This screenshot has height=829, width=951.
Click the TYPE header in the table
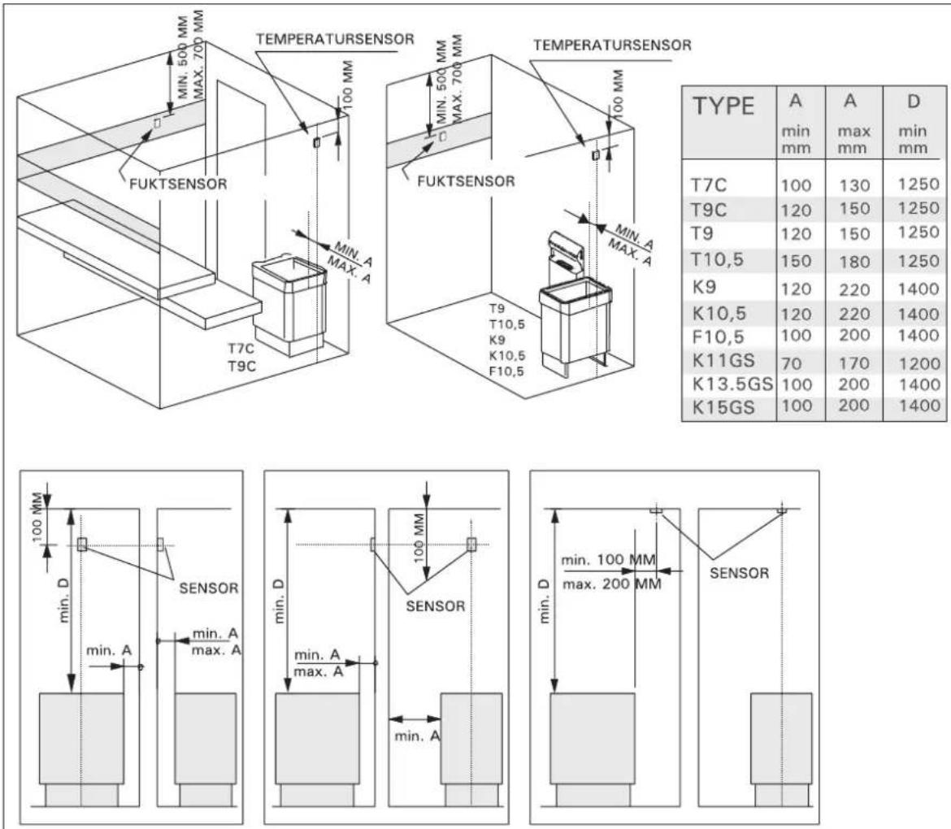[x=723, y=106]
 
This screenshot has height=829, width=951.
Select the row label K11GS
[x=723, y=361]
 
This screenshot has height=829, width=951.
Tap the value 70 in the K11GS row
[x=792, y=364]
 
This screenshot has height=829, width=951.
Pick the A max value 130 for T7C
[x=854, y=185]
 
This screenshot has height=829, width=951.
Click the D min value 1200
[x=919, y=364]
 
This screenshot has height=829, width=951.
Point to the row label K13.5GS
[x=732, y=384]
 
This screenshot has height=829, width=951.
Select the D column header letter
[x=914, y=102]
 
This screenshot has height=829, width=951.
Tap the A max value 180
[x=854, y=262]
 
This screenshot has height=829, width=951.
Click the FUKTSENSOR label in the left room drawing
[x=178, y=184]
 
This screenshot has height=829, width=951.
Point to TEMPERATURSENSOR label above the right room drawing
[x=612, y=45]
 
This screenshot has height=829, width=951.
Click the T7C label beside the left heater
[x=241, y=348]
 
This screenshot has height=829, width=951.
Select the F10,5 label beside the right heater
[x=506, y=371]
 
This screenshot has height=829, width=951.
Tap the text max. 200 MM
[x=612, y=584]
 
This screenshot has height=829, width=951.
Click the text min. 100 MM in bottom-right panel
[x=608, y=560]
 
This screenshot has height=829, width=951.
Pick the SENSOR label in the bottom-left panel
[x=209, y=588]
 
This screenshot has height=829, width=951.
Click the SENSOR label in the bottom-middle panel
[x=436, y=606]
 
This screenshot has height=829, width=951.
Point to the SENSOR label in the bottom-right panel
[x=740, y=573]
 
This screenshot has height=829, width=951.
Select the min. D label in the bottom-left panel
[x=65, y=601]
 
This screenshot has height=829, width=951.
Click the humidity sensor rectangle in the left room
[x=157, y=123]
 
